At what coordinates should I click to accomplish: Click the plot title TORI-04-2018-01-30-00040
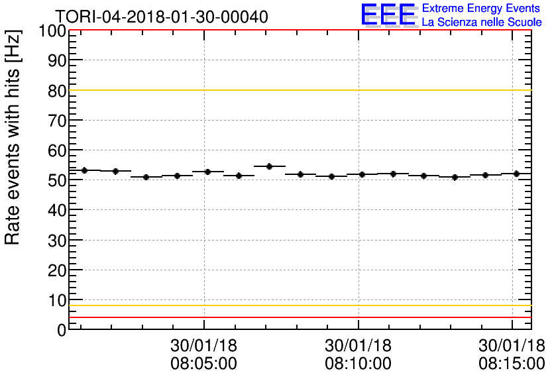[x=162, y=17]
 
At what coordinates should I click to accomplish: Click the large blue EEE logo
[x=389, y=15]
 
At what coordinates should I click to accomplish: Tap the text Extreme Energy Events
[x=480, y=9]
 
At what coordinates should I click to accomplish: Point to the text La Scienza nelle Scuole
[x=481, y=23]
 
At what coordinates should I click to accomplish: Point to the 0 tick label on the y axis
[x=61, y=330]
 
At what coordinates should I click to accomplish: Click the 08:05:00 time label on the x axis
[x=204, y=364]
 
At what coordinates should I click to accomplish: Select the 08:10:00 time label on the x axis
[x=358, y=364]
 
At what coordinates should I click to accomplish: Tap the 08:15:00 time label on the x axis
[x=512, y=364]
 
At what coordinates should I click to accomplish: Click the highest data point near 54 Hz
[x=269, y=166]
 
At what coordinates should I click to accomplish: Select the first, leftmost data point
[x=84, y=170]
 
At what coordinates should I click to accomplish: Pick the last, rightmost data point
[x=516, y=174]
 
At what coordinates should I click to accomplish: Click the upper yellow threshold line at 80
[x=298, y=90]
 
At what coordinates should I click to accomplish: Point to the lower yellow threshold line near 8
[x=298, y=305]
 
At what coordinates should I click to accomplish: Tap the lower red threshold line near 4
[x=298, y=317]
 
